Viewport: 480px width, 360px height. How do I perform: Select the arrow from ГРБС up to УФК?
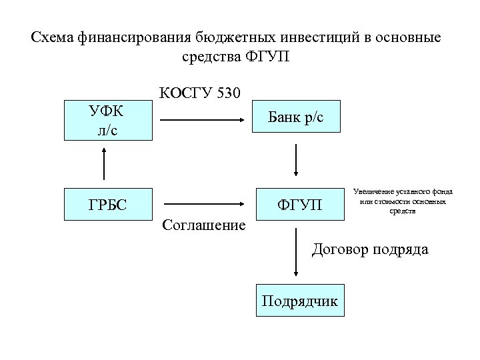point(104,163)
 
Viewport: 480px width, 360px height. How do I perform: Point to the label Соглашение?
point(203,226)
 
